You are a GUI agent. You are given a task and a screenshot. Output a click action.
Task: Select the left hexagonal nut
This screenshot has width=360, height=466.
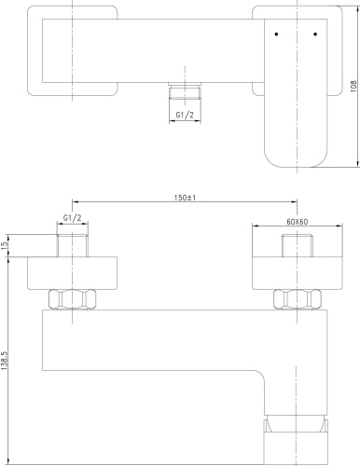[71, 299]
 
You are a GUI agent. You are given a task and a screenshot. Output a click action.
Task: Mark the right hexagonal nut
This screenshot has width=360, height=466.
[296, 299]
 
